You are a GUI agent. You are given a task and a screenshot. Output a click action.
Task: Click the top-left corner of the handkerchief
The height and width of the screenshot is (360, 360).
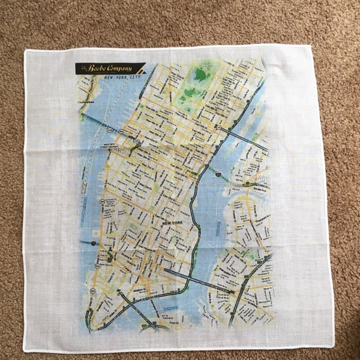(x=25, y=52)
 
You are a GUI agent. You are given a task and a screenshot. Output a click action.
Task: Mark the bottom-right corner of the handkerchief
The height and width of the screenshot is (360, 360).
(x=333, y=346)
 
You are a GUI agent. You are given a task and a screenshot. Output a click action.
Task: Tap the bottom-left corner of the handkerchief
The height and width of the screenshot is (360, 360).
(x=24, y=350)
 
